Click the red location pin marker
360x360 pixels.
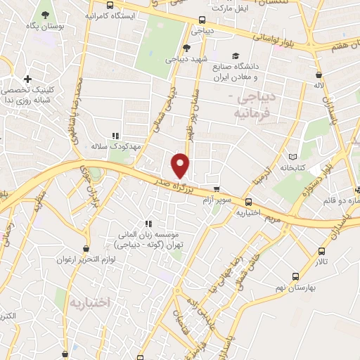tap(181, 165)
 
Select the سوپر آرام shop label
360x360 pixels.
tap(217, 200)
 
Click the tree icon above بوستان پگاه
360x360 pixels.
tap(45, 14)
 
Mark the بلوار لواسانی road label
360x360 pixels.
tap(281, 39)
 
